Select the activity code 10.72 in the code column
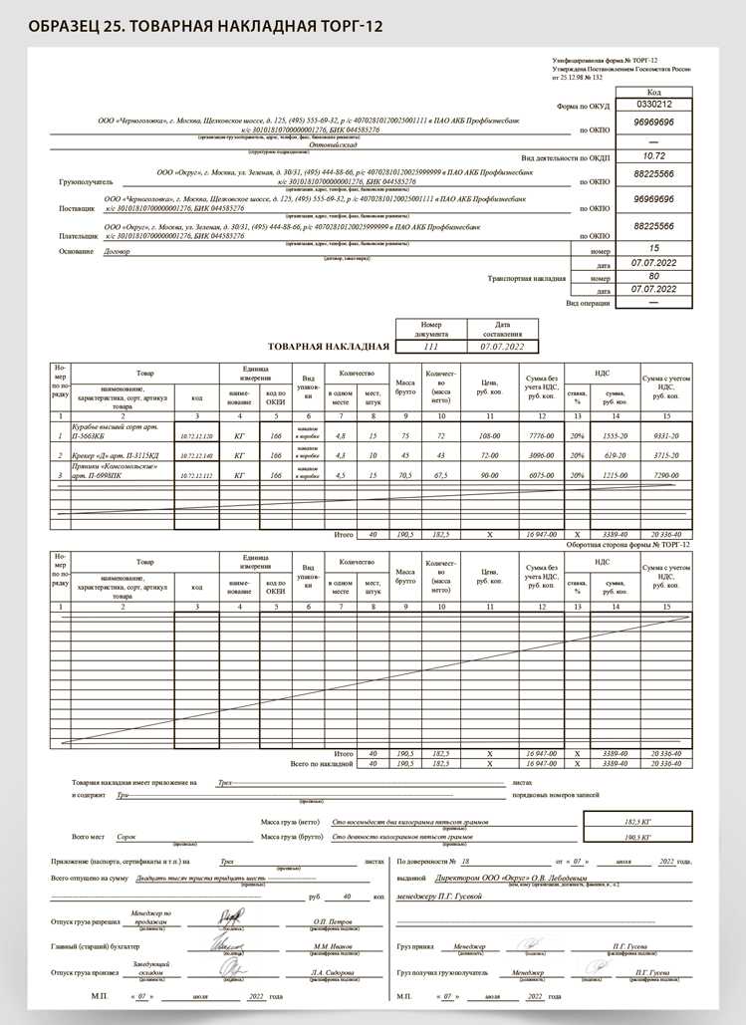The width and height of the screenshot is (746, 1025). point(653,156)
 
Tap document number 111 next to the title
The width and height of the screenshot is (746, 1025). point(430,347)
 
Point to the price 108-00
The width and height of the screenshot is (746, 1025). point(488,436)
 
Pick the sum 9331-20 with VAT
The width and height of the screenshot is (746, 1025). point(666,436)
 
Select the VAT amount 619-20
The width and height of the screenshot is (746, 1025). point(615,455)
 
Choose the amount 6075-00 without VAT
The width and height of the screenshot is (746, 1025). point(539,475)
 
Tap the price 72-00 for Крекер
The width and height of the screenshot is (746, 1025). point(488,455)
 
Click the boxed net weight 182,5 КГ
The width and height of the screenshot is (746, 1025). point(635,821)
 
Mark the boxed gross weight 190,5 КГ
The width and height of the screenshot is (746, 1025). point(635,838)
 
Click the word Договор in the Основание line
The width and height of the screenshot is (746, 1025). point(118,253)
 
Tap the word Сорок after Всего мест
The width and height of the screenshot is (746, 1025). point(125,838)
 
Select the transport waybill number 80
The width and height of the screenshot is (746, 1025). point(653,276)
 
